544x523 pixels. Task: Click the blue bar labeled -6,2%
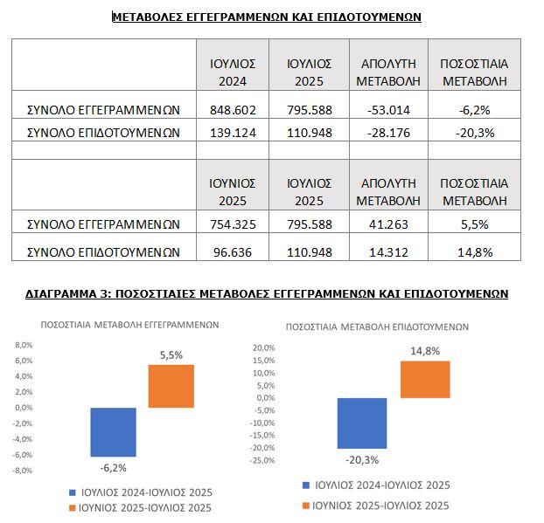114,431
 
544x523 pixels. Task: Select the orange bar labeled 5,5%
171,386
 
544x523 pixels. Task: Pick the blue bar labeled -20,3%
362,423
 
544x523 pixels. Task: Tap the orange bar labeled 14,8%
425,380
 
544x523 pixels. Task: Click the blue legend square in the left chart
73,492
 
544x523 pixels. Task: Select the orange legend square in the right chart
305,506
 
